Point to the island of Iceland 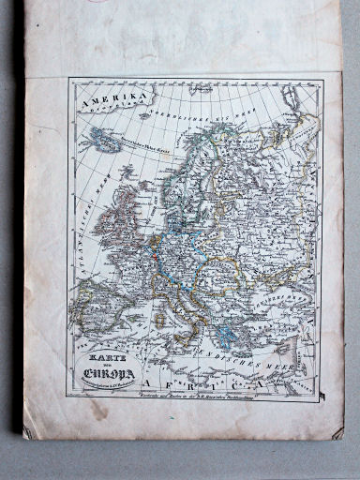click(x=102, y=140)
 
